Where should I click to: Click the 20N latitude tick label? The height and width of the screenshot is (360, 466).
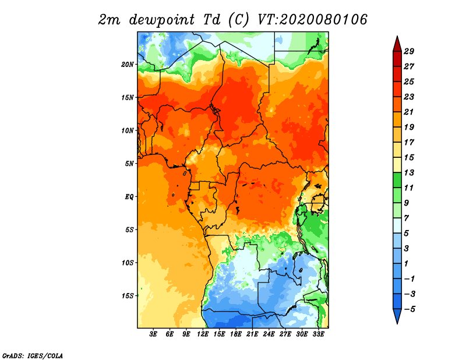tap(128, 64)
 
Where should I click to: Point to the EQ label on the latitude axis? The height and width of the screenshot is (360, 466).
tap(129, 196)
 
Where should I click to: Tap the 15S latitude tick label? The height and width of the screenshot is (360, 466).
tap(128, 295)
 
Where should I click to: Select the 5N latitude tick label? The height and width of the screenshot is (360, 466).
tap(129, 163)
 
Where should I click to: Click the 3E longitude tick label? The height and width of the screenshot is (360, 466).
tap(154, 334)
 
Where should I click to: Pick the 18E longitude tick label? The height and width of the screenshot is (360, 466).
tap(236, 334)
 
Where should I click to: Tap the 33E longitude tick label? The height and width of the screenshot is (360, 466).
tap(318, 334)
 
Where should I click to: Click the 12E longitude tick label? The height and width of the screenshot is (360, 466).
tap(203, 334)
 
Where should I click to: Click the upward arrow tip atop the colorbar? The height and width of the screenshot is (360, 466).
tap(397, 37)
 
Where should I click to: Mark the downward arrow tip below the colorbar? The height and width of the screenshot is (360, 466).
tap(397, 322)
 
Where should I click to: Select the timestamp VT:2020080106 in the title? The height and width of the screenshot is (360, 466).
tap(312, 19)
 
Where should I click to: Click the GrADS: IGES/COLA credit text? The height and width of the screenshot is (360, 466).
tap(33, 355)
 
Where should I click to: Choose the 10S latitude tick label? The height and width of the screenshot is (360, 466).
tap(128, 262)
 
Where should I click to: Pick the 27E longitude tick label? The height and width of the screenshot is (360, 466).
tap(285, 334)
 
